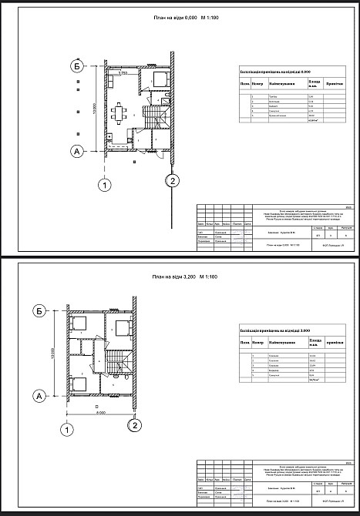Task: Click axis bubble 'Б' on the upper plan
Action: tap(77, 65)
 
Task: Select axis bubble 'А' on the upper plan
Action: tap(77, 152)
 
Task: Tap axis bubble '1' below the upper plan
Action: tap(104, 184)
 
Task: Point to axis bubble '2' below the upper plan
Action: tap(173, 181)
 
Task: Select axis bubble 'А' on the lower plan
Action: tap(39, 396)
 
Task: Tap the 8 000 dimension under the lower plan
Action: tap(100, 413)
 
